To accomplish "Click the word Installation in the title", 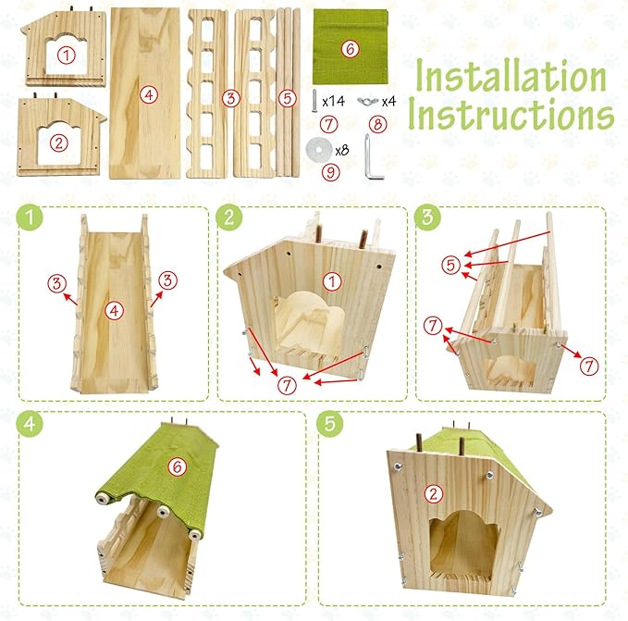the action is (511, 75).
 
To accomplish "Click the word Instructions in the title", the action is (511, 113).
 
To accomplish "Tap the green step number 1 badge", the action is (30, 217).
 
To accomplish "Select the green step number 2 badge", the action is (228, 217).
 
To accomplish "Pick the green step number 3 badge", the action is (427, 217).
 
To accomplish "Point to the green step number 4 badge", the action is (30, 424).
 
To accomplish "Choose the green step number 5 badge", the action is (329, 424).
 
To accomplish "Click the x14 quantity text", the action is (333, 101).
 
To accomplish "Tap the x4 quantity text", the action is (388, 102).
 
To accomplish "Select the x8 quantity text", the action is (342, 150).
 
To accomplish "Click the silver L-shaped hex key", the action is (373, 157).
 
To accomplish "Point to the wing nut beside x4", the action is (368, 102).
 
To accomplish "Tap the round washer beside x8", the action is (319, 149).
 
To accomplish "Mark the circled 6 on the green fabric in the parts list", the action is (350, 49).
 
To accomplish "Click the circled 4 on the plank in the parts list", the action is (149, 95).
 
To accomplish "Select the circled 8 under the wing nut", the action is (377, 124).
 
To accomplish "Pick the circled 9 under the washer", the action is (331, 172).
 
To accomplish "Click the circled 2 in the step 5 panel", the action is (434, 493).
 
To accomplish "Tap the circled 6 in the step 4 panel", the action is (178, 466).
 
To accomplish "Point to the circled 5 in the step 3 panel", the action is (451, 265).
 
